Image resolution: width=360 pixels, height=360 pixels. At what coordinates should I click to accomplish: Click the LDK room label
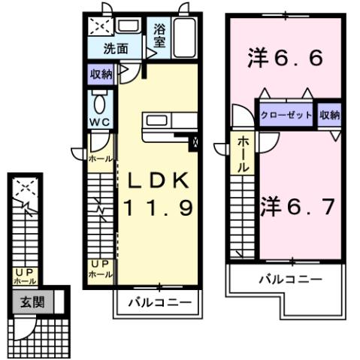coord(159,182)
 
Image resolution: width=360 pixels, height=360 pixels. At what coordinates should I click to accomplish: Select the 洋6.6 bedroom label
coord(286,59)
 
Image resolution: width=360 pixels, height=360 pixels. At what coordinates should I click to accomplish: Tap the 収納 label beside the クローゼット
coord(329,116)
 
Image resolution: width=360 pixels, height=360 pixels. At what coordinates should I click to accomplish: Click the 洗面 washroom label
coord(114,49)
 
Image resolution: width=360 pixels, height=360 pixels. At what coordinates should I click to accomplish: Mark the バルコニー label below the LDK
coord(159,303)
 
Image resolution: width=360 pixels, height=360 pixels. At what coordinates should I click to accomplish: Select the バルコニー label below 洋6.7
coord(291,278)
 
